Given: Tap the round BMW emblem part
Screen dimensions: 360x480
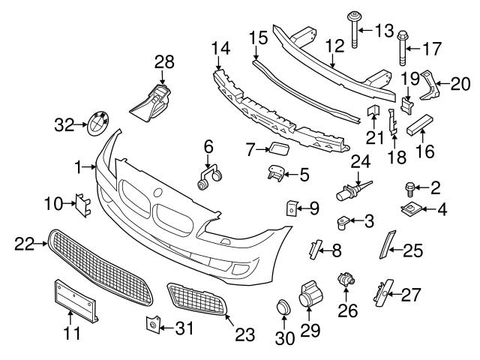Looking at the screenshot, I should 96,122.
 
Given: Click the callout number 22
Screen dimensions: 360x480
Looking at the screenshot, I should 25,243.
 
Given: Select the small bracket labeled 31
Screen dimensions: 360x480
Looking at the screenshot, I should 151,323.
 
